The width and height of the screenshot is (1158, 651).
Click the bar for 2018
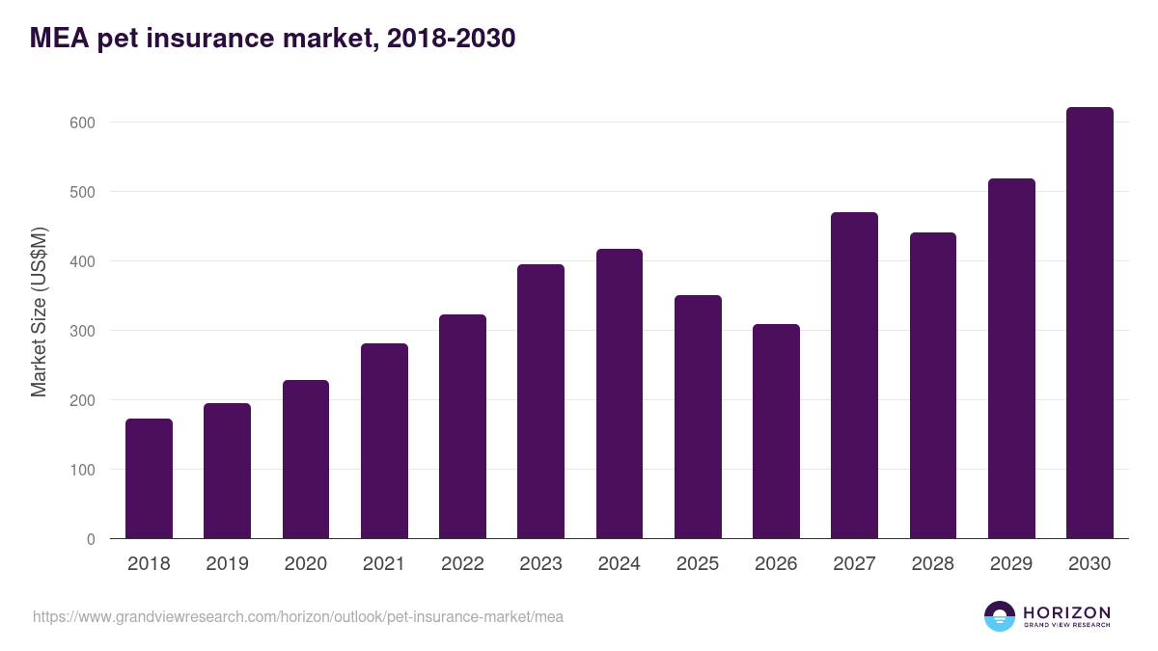pos(149,478)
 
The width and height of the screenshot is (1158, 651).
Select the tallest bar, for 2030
pos(1089,323)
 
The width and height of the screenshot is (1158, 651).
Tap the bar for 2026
pos(776,431)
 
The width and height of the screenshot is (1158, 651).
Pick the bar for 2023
pos(540,401)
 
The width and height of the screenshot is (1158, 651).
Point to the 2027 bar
pos(854,375)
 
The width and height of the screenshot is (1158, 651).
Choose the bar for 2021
pos(384,441)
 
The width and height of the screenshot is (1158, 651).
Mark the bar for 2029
pos(1011,359)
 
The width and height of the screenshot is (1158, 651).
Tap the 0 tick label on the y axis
pos(91,539)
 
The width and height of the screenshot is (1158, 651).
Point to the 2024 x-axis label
pos(619,564)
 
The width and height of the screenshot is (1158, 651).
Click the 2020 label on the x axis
pos(305,564)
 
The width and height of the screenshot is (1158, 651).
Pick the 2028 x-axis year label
pos(932,564)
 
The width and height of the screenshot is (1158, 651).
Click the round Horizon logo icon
pos(1000,616)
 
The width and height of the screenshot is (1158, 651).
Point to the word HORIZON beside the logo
pos(1066,612)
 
